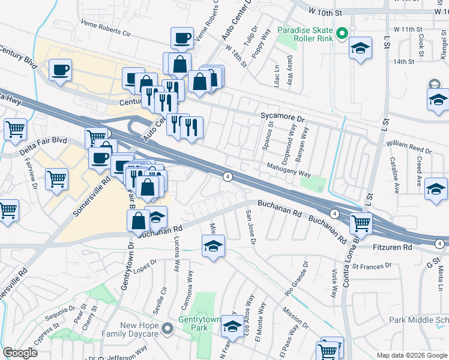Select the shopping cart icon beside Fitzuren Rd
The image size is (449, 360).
point(360,224)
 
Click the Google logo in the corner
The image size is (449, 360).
point(20,353)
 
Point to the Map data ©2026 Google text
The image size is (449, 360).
point(412,355)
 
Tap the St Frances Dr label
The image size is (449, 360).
point(372,265)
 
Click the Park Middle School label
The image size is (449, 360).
point(418,321)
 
